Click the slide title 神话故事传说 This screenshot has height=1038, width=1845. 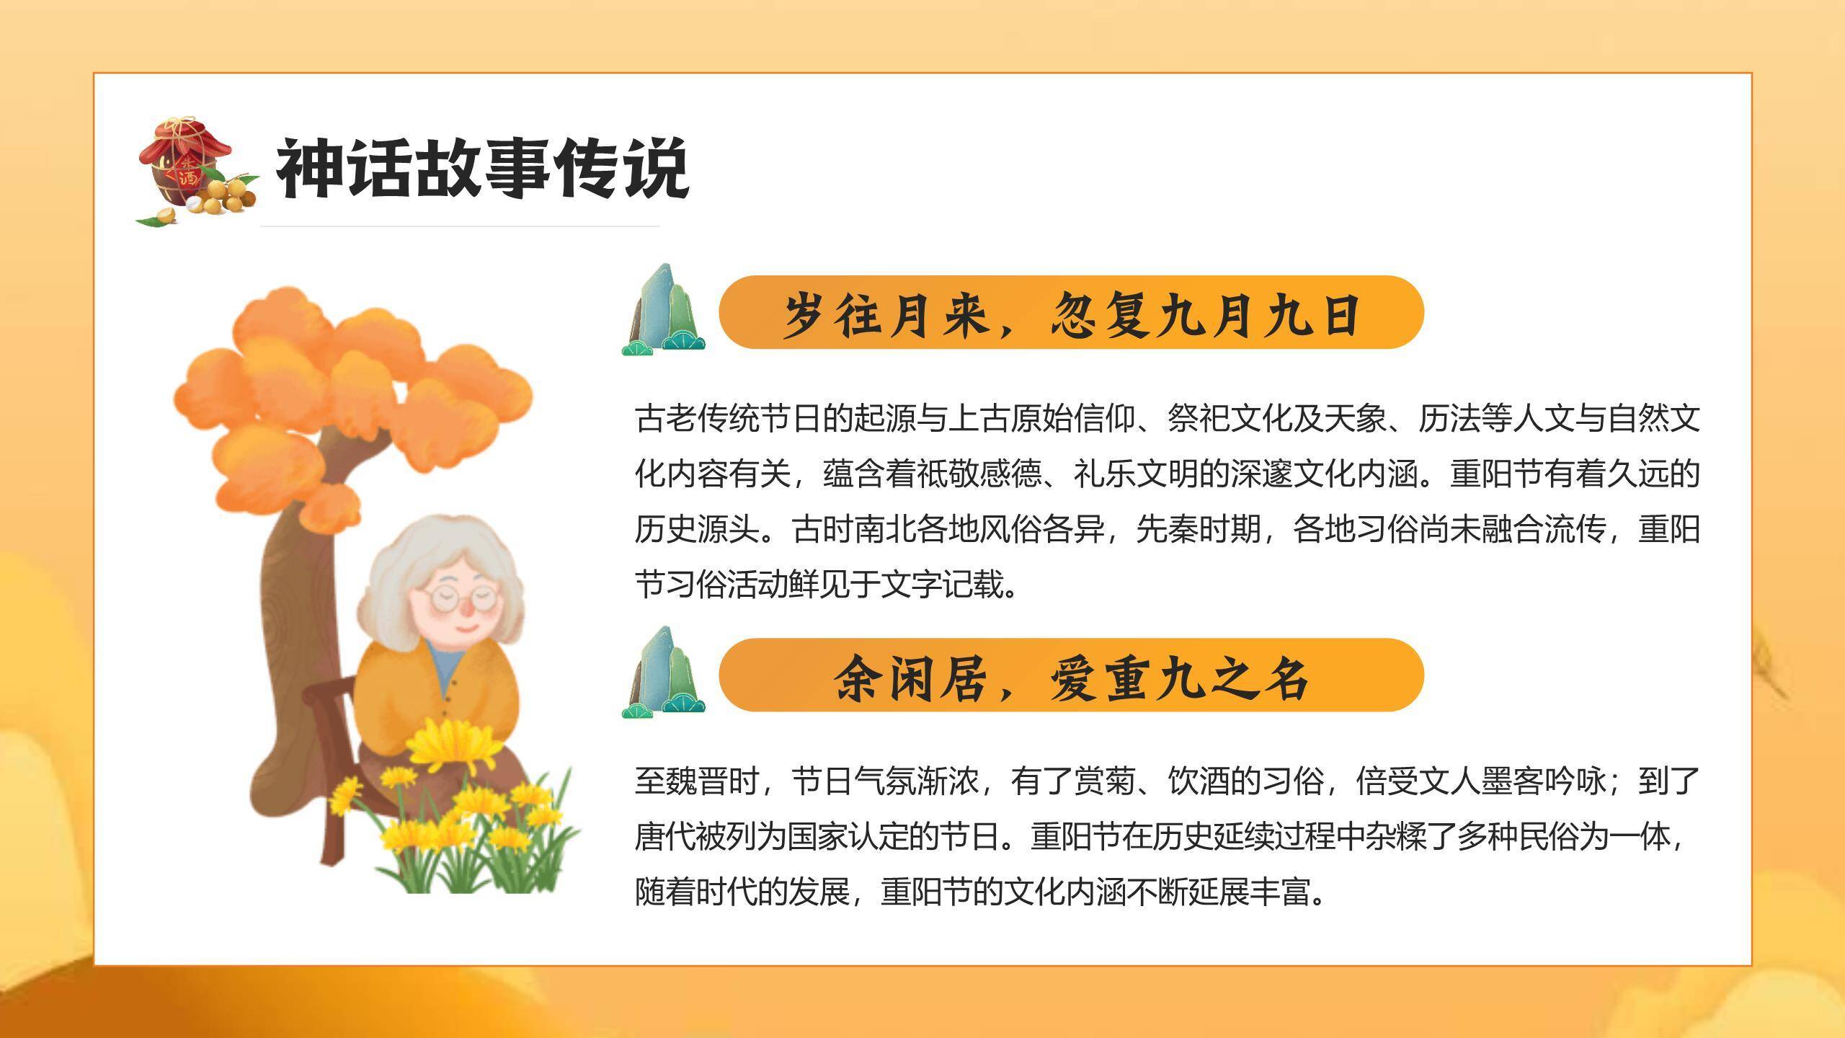point(481,169)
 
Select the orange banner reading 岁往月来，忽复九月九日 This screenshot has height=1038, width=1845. point(1071,313)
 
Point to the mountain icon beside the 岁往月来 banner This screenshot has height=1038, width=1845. point(663,311)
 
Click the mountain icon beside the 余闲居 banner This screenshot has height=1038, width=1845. point(663,675)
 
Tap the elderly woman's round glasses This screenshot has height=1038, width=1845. point(458,597)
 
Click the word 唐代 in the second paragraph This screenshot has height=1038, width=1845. point(666,838)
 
